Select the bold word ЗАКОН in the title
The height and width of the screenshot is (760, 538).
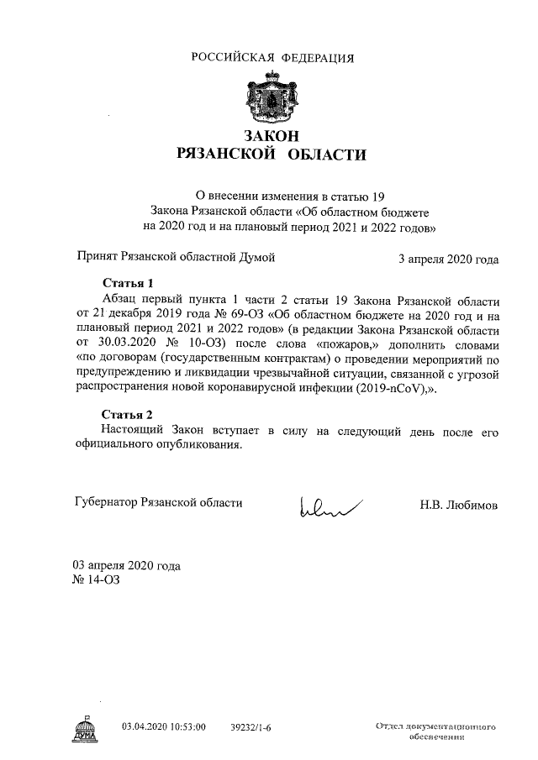(x=272, y=136)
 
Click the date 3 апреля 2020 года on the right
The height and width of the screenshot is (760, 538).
(x=448, y=259)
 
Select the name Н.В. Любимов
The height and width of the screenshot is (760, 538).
(x=459, y=505)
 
